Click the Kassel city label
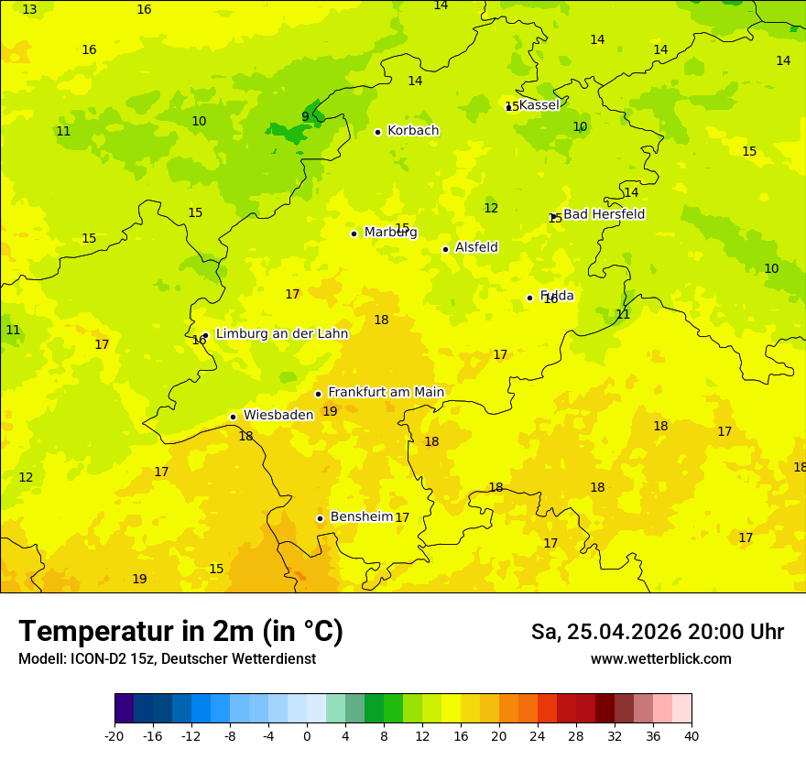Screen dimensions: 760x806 pyautogui.click(x=539, y=105)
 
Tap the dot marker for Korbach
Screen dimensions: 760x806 pyautogui.click(x=377, y=132)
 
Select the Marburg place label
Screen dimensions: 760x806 pyautogui.click(x=390, y=233)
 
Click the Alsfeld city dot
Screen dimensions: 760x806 pyautogui.click(x=446, y=249)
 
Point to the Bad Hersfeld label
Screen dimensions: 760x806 pyautogui.click(x=604, y=214)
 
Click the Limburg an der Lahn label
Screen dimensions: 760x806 pyautogui.click(x=281, y=334)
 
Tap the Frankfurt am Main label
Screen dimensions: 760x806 pyautogui.click(x=386, y=393)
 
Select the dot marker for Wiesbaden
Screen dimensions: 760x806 pyautogui.click(x=234, y=417)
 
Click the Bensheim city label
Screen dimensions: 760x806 pyautogui.click(x=361, y=516)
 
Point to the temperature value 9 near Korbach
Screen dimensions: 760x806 pyautogui.click(x=305, y=116)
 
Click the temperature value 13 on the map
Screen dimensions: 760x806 pyautogui.click(x=29, y=9)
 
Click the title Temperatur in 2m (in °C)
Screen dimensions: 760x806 pyautogui.click(x=180, y=631)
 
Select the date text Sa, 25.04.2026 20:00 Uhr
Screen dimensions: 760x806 pyautogui.click(x=657, y=632)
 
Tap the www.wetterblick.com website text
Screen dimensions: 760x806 pyautogui.click(x=660, y=659)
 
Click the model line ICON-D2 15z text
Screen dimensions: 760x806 pyautogui.click(x=167, y=659)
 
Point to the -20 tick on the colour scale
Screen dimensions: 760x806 pyautogui.click(x=114, y=736)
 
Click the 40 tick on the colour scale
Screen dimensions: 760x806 pyautogui.click(x=692, y=736)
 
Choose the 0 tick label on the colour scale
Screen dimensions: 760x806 pyautogui.click(x=307, y=736)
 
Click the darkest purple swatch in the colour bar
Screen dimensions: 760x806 pyautogui.click(x=124, y=709)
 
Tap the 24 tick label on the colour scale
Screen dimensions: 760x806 pyautogui.click(x=538, y=736)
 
